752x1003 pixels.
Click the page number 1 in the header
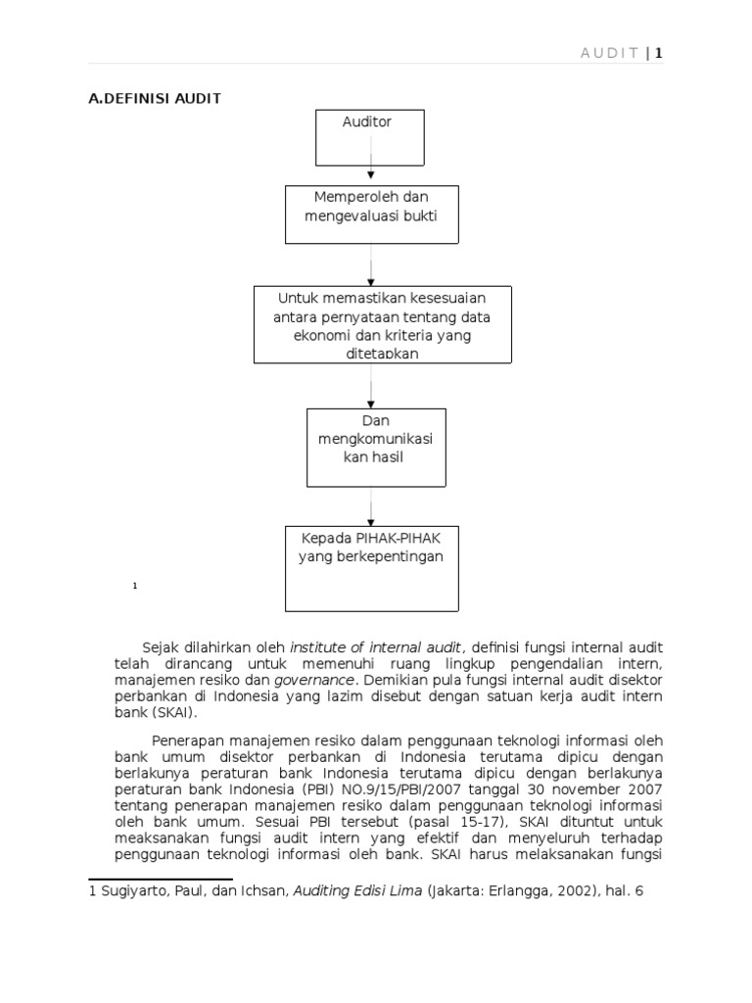pyautogui.click(x=659, y=53)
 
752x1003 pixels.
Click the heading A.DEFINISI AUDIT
pyautogui.click(x=155, y=98)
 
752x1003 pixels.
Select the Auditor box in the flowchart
pyautogui.click(x=366, y=137)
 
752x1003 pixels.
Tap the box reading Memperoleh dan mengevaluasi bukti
pyautogui.click(x=371, y=214)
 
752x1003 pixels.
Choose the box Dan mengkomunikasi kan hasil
pyautogui.click(x=375, y=447)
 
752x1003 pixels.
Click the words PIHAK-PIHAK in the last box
pyautogui.click(x=403, y=539)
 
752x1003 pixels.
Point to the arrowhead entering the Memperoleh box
pyautogui.click(x=371, y=177)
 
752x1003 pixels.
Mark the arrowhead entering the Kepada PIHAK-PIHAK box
pyautogui.click(x=371, y=521)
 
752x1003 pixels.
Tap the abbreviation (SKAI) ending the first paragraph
pyautogui.click(x=176, y=713)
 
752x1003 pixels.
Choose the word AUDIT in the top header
pyautogui.click(x=610, y=53)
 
